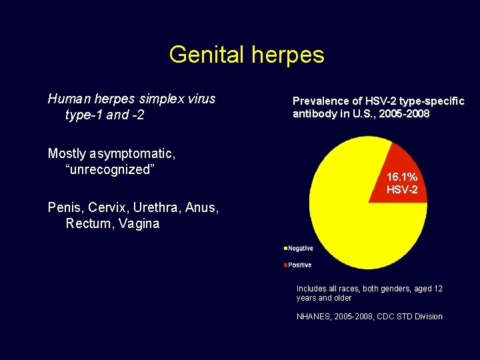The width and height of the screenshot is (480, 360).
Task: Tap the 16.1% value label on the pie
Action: coord(402,177)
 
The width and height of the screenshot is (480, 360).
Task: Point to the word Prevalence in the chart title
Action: coord(321,101)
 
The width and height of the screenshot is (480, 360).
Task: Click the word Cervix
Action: coord(105,208)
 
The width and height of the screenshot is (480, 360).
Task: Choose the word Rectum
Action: coord(87,224)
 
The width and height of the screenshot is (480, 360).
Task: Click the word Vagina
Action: coord(138,224)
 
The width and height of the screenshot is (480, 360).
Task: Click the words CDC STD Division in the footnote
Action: coord(411,317)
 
